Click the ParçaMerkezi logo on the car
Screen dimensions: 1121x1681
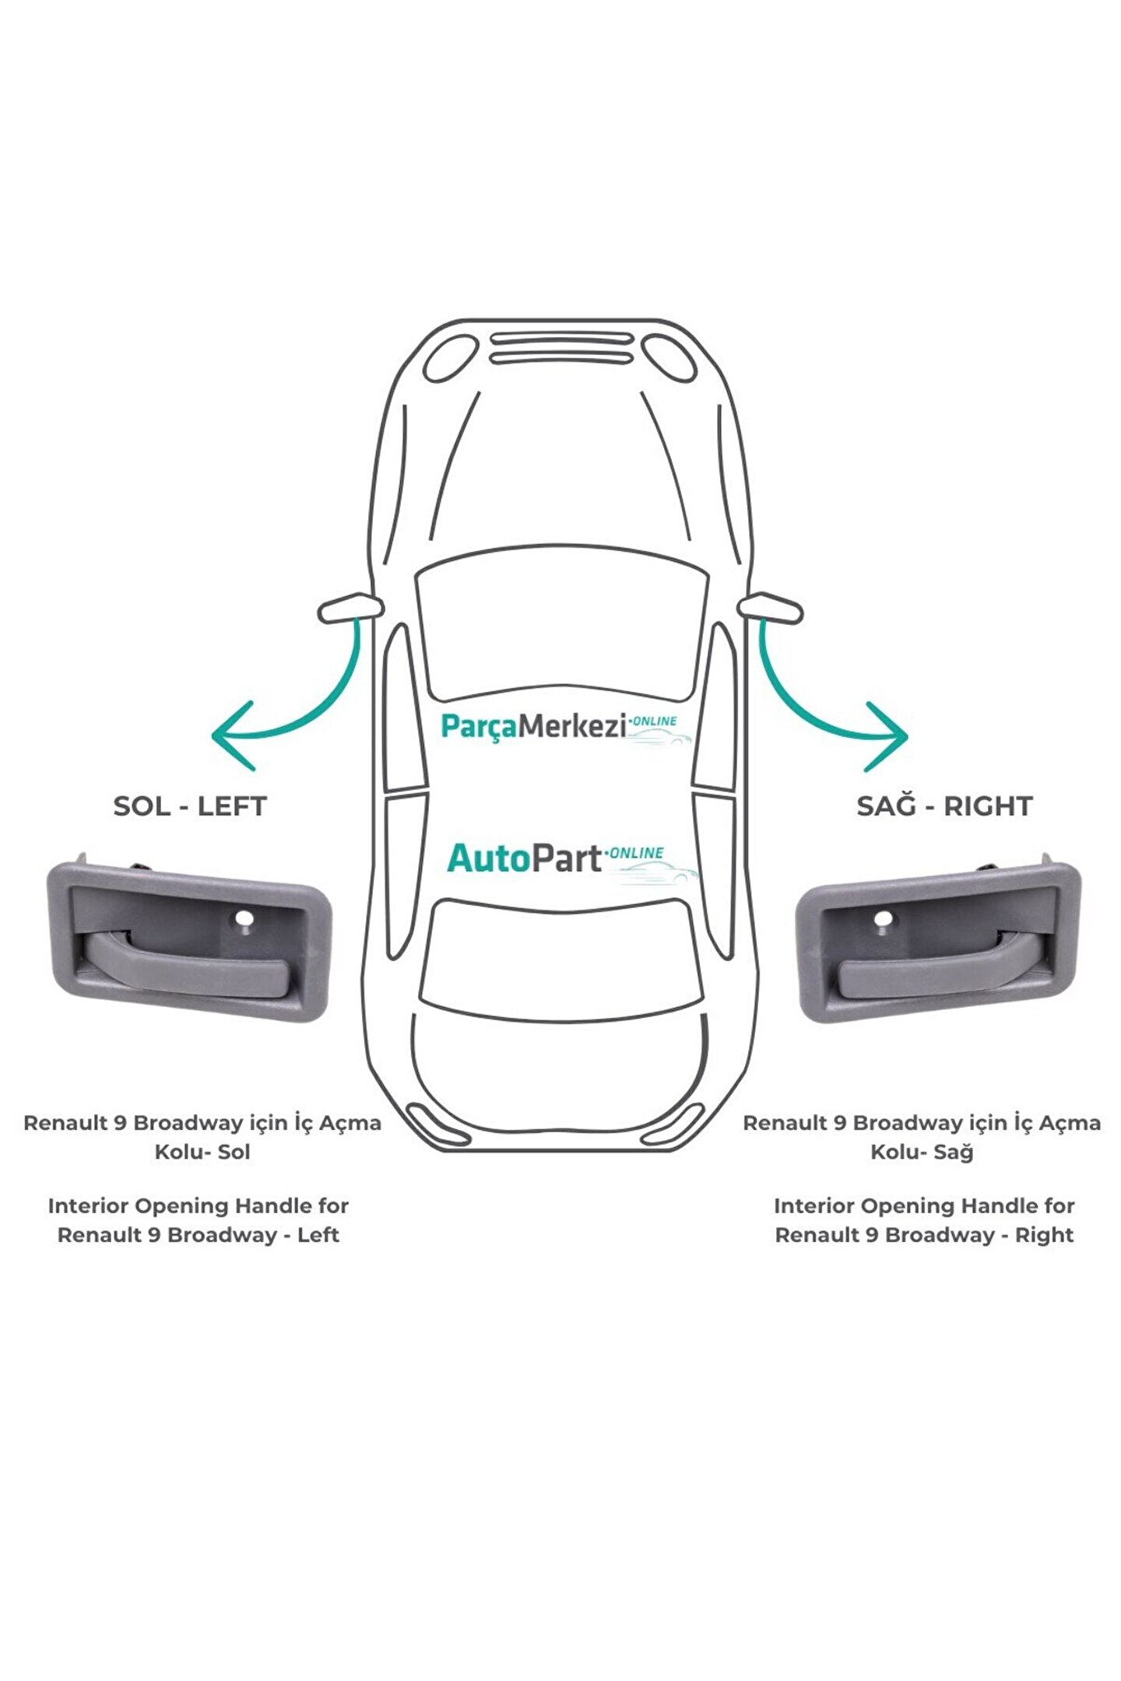pos(566,728)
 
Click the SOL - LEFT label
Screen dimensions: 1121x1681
pos(190,806)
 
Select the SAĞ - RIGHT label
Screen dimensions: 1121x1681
pos(944,806)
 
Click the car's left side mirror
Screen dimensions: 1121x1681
pos(350,608)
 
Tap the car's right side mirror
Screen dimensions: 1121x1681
pos(770,607)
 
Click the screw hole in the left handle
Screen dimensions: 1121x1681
pos(244,920)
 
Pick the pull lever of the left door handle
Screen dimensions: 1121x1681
pos(186,965)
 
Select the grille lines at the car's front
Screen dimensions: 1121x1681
pos(561,348)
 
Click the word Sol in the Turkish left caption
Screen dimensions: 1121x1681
pos(234,1152)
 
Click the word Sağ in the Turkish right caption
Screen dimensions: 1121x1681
pos(954,1153)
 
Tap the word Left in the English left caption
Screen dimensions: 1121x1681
pos(318,1235)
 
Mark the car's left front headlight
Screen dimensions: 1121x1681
pos(451,358)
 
